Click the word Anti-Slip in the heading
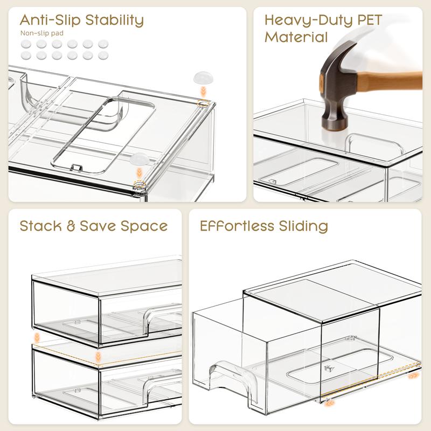tap(50, 20)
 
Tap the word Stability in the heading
tap(115, 20)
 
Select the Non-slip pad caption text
tap(42, 33)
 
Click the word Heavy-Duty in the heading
tap(308, 20)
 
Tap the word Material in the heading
tap(296, 37)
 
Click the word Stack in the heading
tap(41, 226)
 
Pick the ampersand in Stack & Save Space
tap(71, 226)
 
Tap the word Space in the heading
tap(144, 227)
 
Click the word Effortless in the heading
tap(237, 226)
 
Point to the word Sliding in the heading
tap(303, 227)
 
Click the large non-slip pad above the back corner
tap(204, 78)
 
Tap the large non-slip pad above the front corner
tap(140, 159)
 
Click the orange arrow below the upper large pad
tap(203, 91)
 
